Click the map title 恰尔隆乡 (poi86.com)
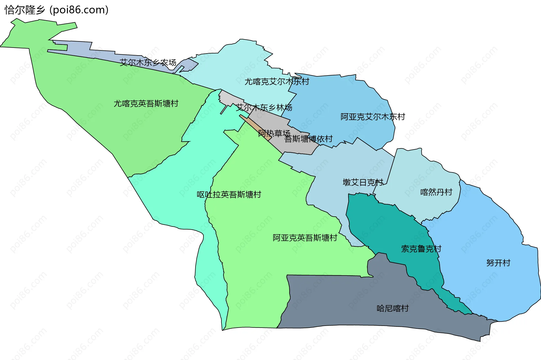[56, 10]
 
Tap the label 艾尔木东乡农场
[148, 63]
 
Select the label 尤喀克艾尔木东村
[277, 82]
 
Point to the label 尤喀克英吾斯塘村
[146, 104]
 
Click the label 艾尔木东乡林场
[264, 108]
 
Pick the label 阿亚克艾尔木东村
[373, 117]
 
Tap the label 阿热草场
[274, 133]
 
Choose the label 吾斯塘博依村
[309, 139]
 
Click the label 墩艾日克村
[363, 183]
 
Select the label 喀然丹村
[436, 192]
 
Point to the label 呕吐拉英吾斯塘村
[229, 195]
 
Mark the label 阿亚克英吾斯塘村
[305, 238]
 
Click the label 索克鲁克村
[421, 249]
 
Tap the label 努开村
[498, 263]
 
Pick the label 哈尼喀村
[393, 308]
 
